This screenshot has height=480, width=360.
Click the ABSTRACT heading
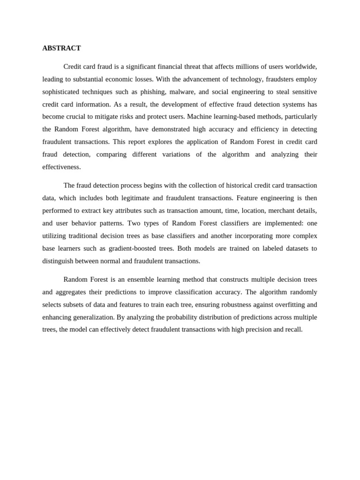coord(61,48)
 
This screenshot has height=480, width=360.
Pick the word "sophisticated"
coord(61,92)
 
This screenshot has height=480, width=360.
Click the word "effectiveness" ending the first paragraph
coord(61,167)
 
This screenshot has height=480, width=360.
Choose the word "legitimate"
coord(133,198)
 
